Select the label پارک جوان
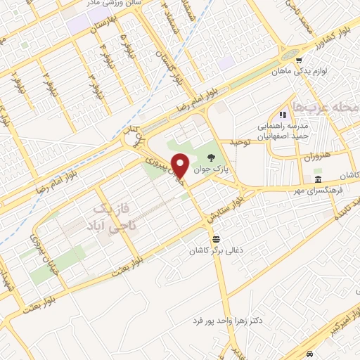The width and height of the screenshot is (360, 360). (212, 172)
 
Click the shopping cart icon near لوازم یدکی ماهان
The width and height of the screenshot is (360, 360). (300, 60)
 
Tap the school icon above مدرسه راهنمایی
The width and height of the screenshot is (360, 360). (283, 115)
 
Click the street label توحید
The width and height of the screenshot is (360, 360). (238, 143)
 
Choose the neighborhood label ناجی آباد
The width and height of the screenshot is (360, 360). (117, 228)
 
